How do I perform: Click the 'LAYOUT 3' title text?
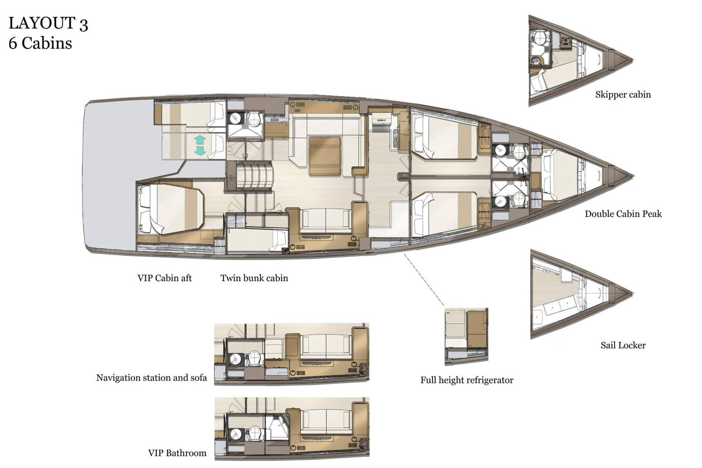pos(48,23)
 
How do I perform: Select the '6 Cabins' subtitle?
pos(40,44)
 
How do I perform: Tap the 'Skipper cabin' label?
pos(622,95)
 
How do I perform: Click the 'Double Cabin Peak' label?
pos(623,214)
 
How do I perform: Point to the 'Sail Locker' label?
pos(623,345)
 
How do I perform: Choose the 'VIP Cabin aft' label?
pos(164,278)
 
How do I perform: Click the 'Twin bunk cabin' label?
pos(254,278)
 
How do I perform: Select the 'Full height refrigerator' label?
pos(467,380)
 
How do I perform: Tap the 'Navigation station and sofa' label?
pos(151,378)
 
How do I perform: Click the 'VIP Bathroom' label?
pos(177,453)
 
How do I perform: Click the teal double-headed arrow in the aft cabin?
pos(199,145)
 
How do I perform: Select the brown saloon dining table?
pos(324,155)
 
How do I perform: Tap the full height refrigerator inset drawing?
pos(466,336)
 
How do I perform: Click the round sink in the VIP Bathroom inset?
pos(235,433)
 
